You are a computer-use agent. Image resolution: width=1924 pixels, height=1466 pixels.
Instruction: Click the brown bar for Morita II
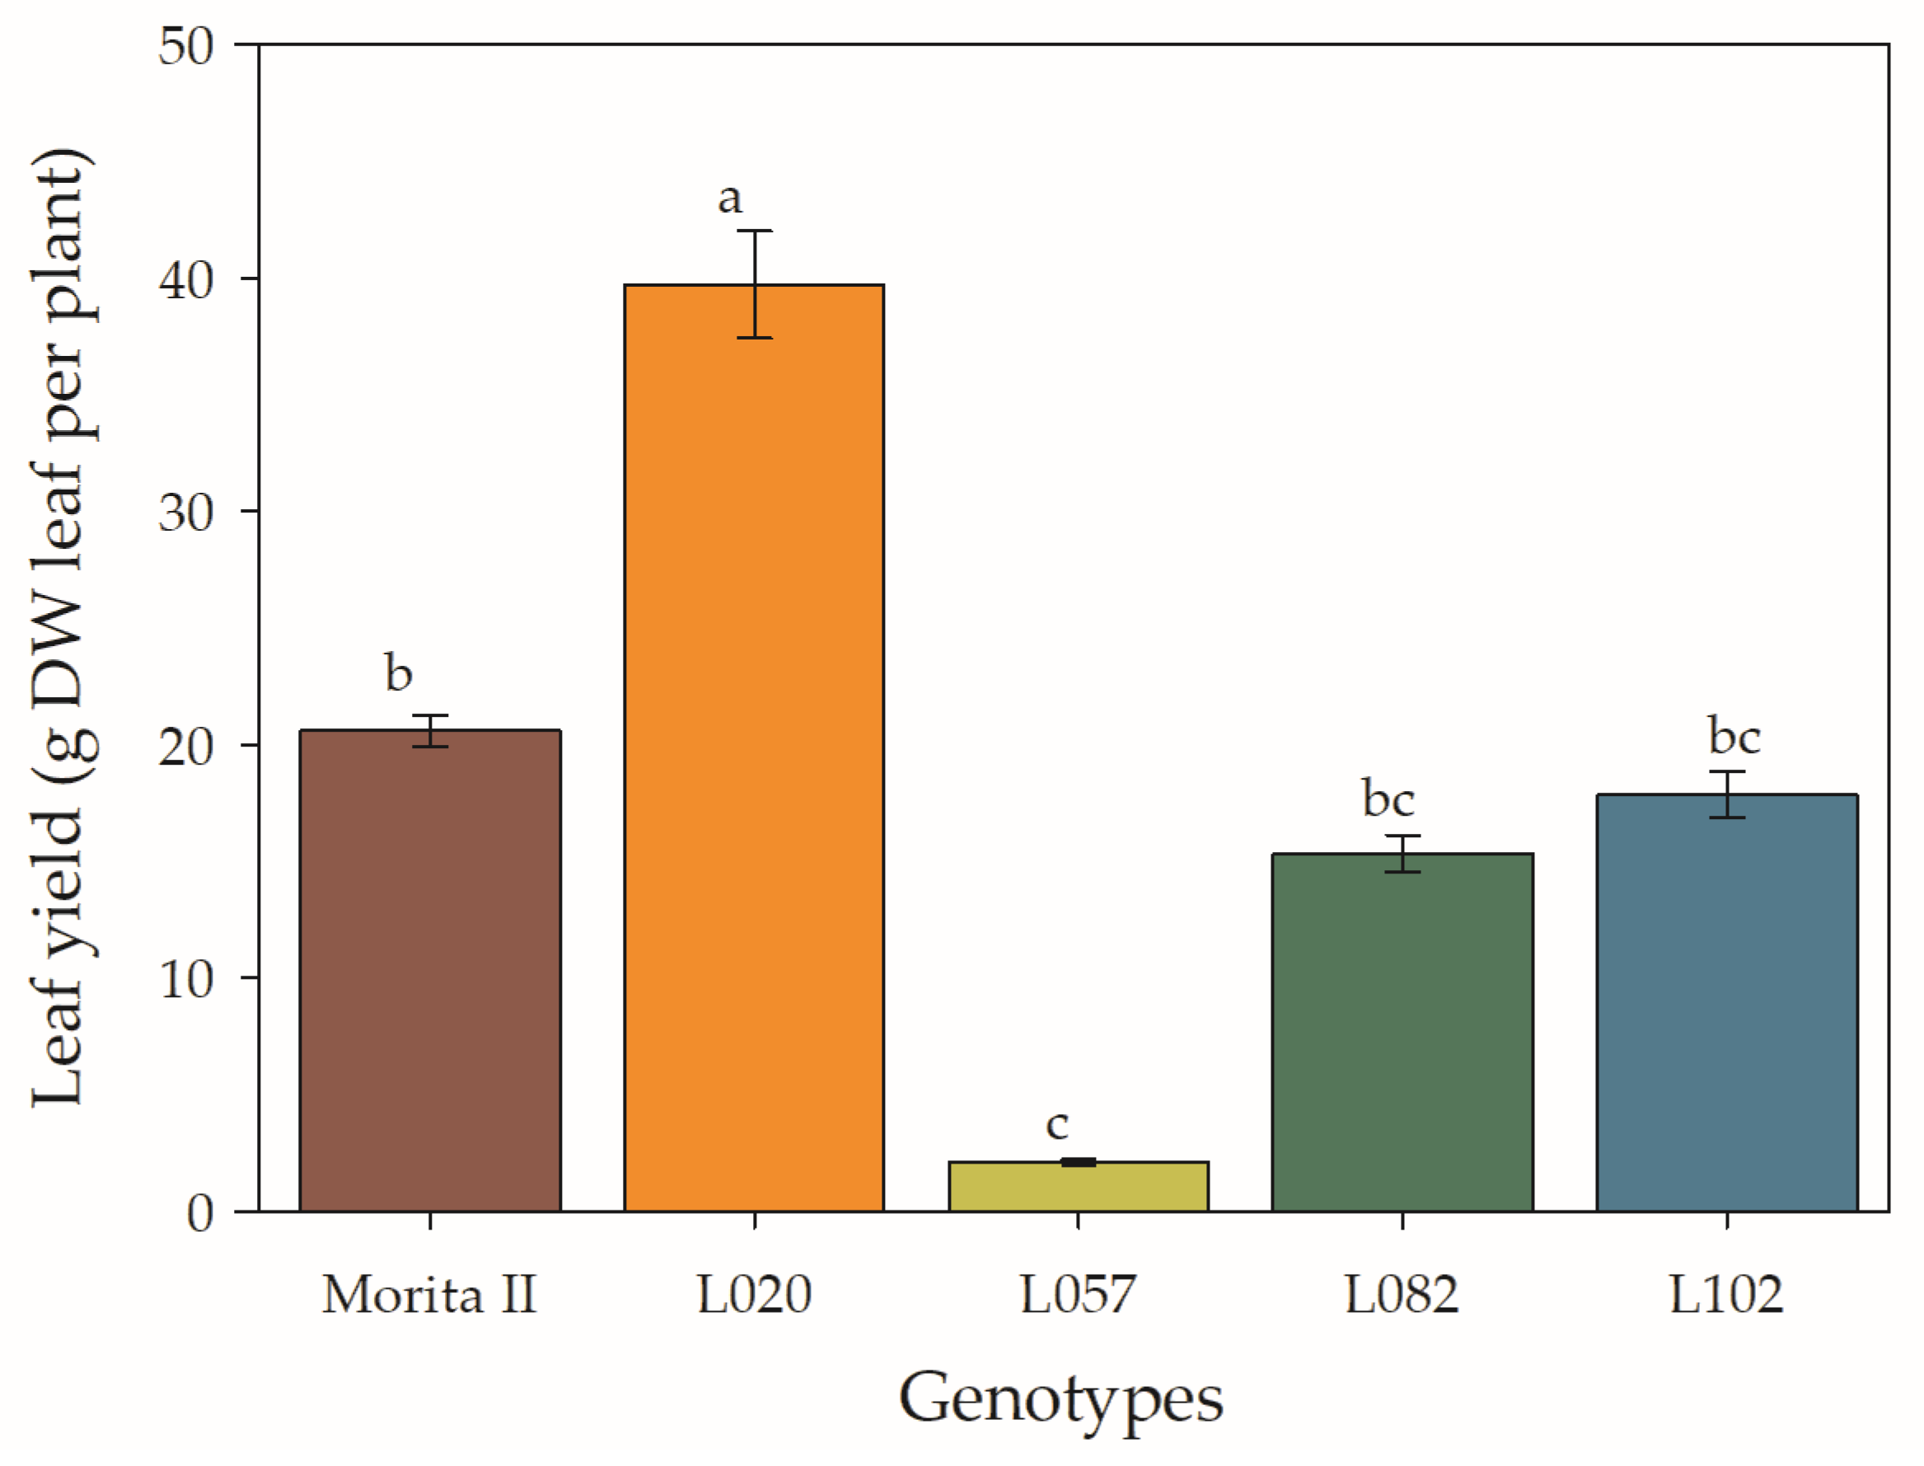429,971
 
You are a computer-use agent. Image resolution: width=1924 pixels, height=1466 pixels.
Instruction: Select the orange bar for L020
754,748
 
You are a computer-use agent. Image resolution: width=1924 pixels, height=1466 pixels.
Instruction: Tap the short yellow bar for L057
1079,1187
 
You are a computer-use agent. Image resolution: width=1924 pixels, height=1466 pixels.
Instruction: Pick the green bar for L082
1402,1033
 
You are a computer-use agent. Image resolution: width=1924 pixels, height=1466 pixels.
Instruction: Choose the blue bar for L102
1727,1003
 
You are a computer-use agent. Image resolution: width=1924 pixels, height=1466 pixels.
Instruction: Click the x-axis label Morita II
429,1295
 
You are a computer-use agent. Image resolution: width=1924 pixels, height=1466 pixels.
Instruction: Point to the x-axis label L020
754,1295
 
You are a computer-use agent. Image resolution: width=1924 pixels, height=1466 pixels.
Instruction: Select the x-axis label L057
1079,1295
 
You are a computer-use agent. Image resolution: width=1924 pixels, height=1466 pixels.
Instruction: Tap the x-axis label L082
1402,1295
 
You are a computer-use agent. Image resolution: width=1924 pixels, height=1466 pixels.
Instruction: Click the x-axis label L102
1727,1295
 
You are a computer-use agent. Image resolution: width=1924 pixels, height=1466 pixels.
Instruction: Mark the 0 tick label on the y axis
200,1213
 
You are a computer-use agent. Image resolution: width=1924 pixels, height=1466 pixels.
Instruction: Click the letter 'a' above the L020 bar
730,199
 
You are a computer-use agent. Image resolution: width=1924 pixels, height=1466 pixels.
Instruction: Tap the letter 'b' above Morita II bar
399,672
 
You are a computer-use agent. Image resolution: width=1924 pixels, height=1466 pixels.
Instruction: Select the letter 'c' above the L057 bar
1057,1125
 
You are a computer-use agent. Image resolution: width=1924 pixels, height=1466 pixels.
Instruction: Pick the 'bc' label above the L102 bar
1734,736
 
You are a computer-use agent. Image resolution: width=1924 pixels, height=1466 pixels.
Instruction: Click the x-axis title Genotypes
1061,1398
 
